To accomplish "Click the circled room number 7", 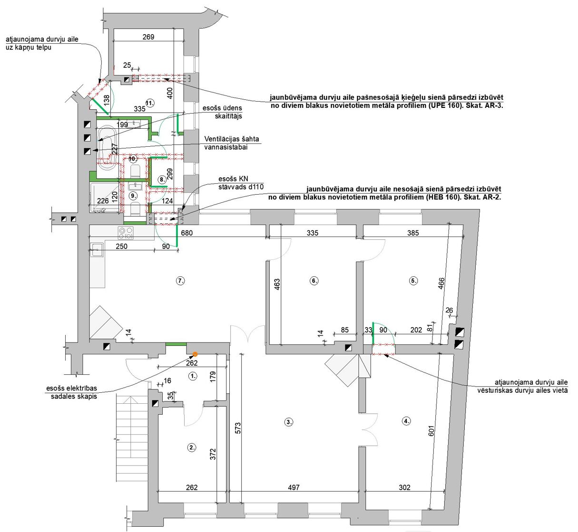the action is coord(180,281).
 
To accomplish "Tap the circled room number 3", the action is coord(289,422).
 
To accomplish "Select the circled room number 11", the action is coord(150,103).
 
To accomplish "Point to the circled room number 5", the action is coord(413,281).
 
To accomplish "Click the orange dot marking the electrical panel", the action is coord(196,354).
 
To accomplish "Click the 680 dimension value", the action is coord(186,233).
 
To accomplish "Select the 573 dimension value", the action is coord(238,428).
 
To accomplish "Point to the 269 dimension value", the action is coord(148,37).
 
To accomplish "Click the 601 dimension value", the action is coord(431,431).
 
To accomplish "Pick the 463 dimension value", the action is coord(277,285).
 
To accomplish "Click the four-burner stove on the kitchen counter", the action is coord(126,233).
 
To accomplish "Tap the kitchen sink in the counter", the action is coord(97,250).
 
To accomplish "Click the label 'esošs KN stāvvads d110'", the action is coord(241,183).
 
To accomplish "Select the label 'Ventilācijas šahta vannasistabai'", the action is coord(232,143).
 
